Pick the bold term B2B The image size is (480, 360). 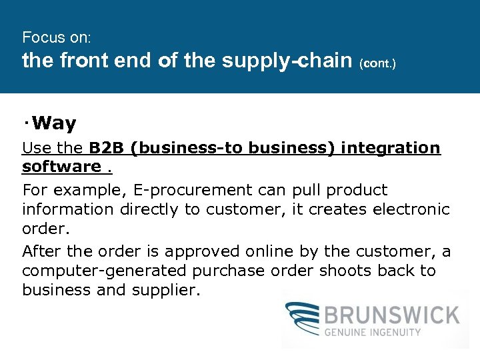(x=107, y=148)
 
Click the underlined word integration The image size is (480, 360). (x=391, y=148)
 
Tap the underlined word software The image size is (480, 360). (x=61, y=166)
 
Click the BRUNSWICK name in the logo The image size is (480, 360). (x=393, y=314)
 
